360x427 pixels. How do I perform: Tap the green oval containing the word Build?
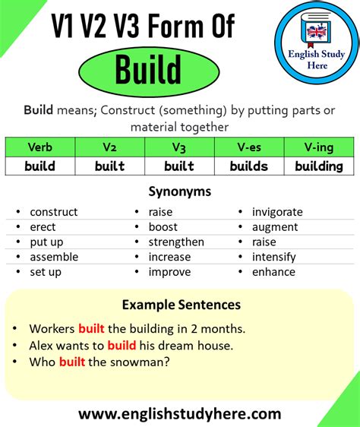click(x=148, y=71)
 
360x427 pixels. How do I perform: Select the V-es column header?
click(x=248, y=147)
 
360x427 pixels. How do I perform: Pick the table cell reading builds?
click(x=248, y=166)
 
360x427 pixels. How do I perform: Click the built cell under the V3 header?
click(x=178, y=166)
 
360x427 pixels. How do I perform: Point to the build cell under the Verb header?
click(x=39, y=166)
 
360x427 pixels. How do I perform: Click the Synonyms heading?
click(x=179, y=191)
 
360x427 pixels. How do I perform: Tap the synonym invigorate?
click(x=277, y=212)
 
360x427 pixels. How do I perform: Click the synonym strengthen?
click(x=176, y=242)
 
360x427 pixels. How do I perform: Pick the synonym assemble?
click(x=54, y=257)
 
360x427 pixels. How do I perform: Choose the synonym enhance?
click(x=273, y=271)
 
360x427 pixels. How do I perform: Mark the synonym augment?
click(x=274, y=226)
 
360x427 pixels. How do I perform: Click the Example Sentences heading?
click(x=181, y=305)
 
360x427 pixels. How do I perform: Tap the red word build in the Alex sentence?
click(x=122, y=346)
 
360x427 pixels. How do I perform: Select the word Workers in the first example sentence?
click(x=52, y=329)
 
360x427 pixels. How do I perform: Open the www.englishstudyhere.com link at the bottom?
click(x=179, y=414)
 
